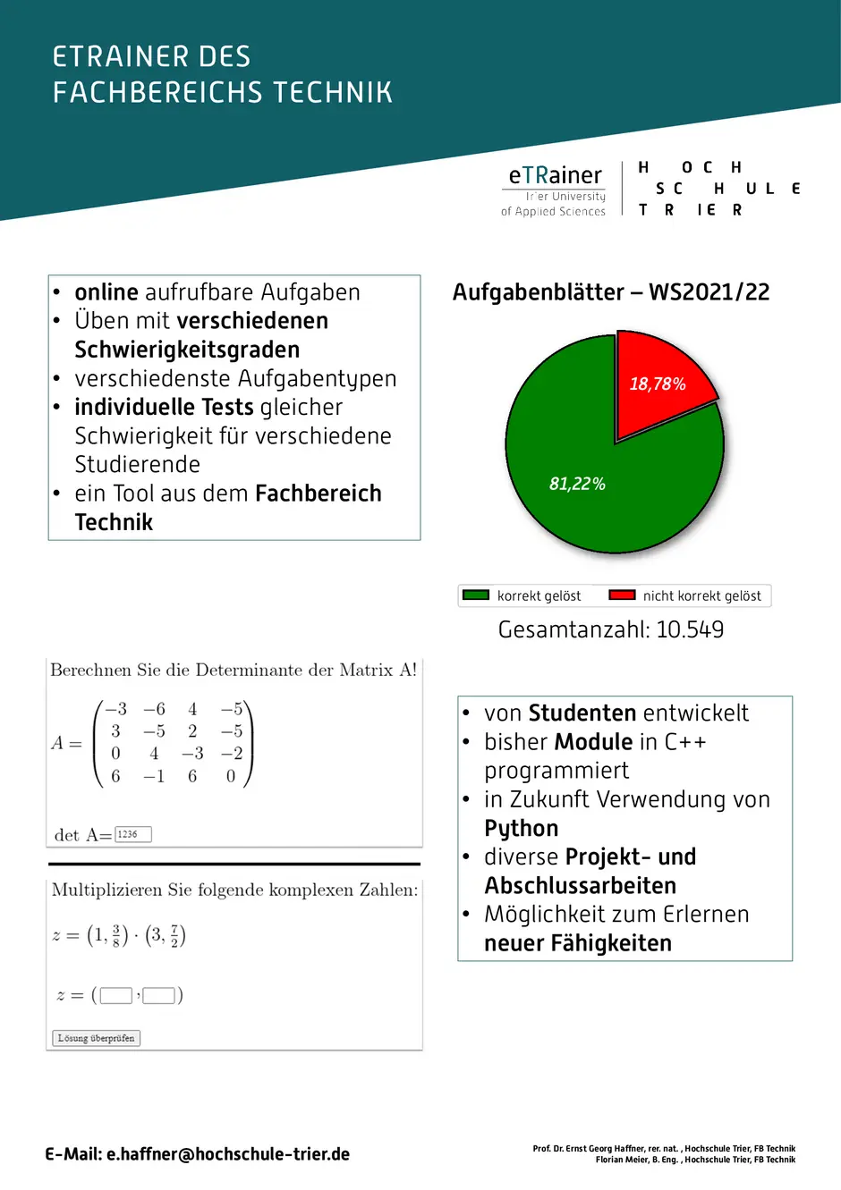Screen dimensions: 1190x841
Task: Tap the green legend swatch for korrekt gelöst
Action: click(x=475, y=595)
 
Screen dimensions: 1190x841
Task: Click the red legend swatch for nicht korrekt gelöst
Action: click(x=622, y=595)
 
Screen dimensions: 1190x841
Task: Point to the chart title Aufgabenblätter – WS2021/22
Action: click(x=610, y=292)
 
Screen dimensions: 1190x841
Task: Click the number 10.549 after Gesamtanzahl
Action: click(x=690, y=629)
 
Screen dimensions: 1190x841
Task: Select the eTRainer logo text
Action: click(x=555, y=175)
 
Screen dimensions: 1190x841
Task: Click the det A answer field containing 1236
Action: click(x=133, y=834)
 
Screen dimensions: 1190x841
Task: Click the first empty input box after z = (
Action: click(x=116, y=995)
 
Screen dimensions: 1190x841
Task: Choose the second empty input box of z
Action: click(x=158, y=995)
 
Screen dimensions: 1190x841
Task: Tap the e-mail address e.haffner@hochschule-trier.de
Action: click(x=228, y=1154)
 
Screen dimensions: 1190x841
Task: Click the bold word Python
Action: click(x=521, y=828)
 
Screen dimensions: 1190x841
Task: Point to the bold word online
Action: click(x=106, y=292)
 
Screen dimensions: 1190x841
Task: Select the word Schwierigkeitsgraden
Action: click(x=187, y=350)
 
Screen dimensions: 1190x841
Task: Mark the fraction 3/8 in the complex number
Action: click(x=115, y=936)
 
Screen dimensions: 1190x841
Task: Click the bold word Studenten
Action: click(x=582, y=713)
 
